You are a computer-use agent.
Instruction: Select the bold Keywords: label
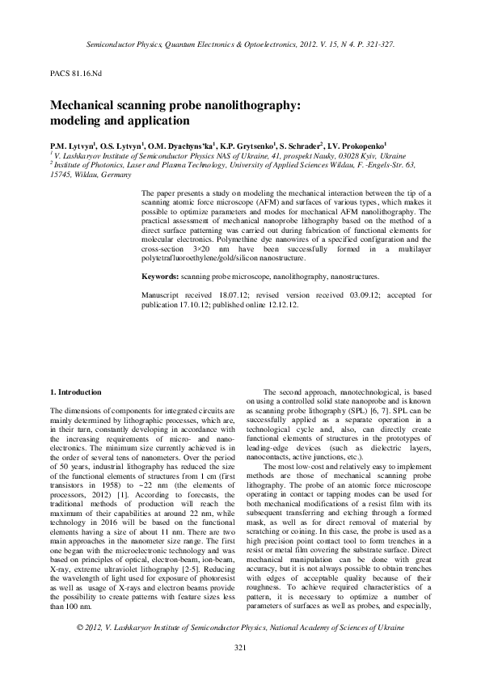pyautogui.click(x=161, y=276)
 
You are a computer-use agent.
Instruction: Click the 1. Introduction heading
pyautogui.click(x=76, y=391)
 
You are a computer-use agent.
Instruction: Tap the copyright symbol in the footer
pyautogui.click(x=79, y=628)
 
